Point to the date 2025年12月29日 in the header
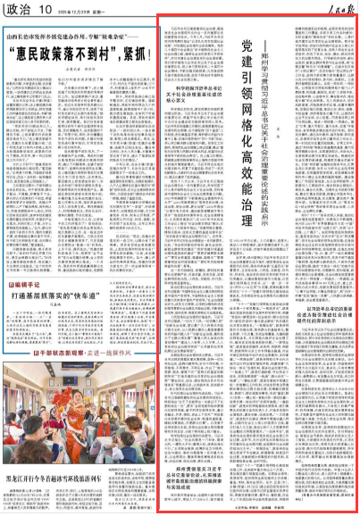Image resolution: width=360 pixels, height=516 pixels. click(71, 11)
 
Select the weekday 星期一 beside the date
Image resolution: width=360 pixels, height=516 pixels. click(93, 11)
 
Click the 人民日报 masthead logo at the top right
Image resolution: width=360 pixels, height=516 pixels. click(340, 9)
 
